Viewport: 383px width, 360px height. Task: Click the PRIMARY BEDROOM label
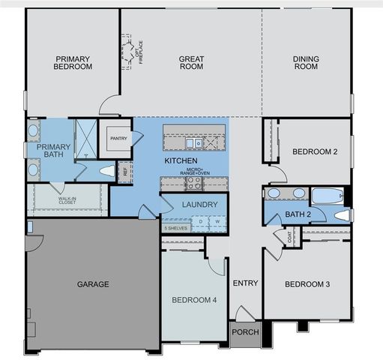click(x=73, y=62)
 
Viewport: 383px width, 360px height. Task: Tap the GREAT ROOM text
click(x=192, y=62)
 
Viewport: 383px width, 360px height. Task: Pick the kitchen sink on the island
click(x=193, y=142)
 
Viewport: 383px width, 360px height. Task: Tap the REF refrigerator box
click(x=124, y=171)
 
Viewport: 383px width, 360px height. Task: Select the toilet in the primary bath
click(x=106, y=169)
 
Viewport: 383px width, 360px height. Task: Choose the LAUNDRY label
click(x=199, y=204)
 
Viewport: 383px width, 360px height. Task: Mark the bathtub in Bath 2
click(x=325, y=197)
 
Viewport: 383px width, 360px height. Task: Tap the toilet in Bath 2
click(x=342, y=216)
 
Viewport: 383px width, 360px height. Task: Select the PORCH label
click(x=244, y=332)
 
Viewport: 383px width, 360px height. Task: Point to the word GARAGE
click(x=93, y=284)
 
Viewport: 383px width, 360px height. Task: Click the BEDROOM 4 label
click(x=193, y=300)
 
